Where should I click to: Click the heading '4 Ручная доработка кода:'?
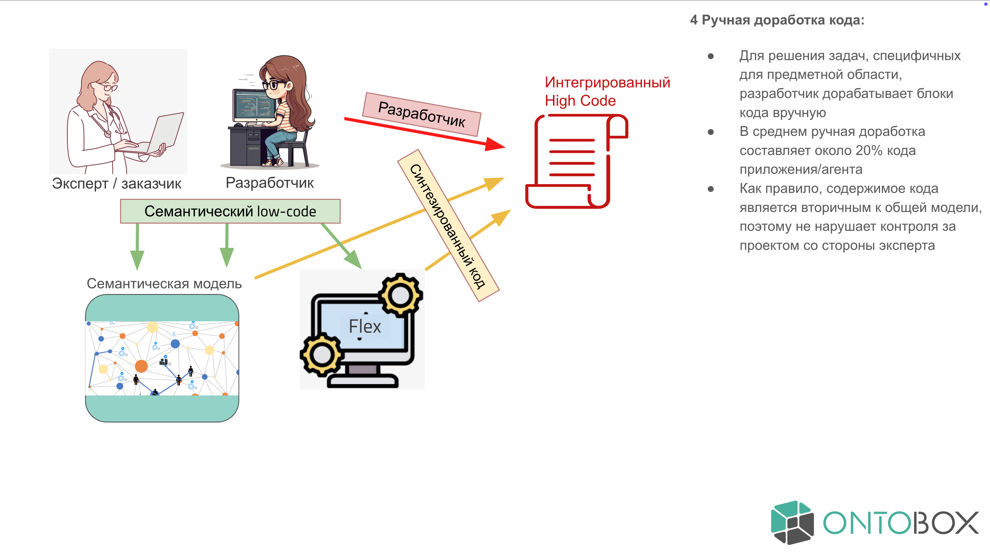click(777, 20)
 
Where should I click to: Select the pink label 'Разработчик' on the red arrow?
click(422, 114)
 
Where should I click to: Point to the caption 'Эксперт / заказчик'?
click(117, 184)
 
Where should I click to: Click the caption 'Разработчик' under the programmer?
click(269, 183)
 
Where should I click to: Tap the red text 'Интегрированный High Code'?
click(607, 92)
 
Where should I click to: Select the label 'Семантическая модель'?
click(164, 284)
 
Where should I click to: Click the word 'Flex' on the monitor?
click(364, 327)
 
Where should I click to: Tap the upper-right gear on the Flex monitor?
click(400, 295)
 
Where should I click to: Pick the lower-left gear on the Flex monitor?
click(321, 354)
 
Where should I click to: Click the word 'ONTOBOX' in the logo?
click(900, 523)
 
